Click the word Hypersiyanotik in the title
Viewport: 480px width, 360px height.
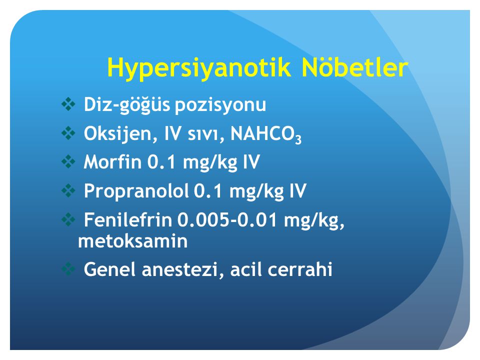(x=199, y=68)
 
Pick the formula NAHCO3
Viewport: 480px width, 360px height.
(x=265, y=134)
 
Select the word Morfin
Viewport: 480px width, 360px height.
(x=112, y=161)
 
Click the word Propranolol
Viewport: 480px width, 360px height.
(x=136, y=191)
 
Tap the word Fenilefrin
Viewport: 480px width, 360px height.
(x=128, y=219)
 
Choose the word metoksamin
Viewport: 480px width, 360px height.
(x=133, y=241)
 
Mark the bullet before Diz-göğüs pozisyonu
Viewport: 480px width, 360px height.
(x=68, y=104)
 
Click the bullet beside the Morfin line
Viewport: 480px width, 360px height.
(x=68, y=161)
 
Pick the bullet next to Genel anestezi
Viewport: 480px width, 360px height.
(x=68, y=269)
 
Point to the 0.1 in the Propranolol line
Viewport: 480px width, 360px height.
(x=208, y=191)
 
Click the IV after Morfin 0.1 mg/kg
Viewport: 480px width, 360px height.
(x=251, y=161)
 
